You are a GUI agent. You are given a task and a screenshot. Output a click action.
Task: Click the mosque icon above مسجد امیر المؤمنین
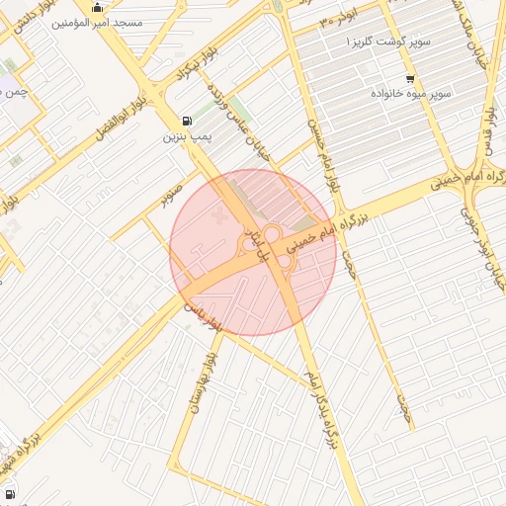point(97,8)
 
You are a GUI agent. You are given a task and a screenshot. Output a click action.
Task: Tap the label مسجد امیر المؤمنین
point(98,22)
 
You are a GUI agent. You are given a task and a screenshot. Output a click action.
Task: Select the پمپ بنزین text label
point(184,137)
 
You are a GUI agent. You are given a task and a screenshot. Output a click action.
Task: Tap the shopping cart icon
point(410,79)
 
